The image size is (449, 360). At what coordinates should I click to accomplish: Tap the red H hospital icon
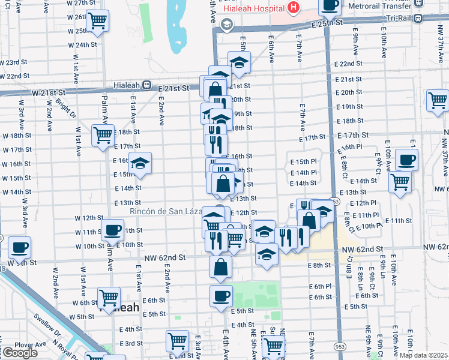(293, 8)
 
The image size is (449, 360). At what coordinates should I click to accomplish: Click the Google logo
(19, 353)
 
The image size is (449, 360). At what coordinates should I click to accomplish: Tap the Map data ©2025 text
(423, 355)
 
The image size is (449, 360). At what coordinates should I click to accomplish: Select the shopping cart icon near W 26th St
(97, 21)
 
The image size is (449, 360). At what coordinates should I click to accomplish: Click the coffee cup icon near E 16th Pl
(406, 160)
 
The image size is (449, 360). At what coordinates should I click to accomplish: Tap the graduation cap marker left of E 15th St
(140, 163)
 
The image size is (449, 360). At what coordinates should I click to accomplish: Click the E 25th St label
(327, 22)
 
